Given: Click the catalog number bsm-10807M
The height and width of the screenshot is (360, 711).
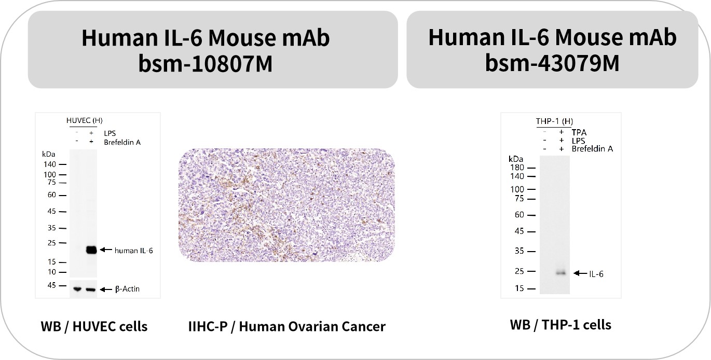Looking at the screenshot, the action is click(x=206, y=63).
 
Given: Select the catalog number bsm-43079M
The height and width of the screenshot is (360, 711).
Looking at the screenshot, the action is click(x=552, y=63).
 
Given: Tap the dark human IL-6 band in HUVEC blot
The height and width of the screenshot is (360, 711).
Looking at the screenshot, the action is click(x=91, y=250).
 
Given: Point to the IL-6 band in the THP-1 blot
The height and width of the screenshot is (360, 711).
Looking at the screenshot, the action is click(x=561, y=273).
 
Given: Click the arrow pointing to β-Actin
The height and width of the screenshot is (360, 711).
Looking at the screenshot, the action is click(x=106, y=289).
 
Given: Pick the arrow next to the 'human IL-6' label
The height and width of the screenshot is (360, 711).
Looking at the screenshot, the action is click(x=106, y=250).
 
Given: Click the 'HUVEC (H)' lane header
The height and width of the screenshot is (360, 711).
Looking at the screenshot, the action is click(x=85, y=120).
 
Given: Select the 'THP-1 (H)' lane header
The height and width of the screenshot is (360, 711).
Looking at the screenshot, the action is click(x=554, y=121).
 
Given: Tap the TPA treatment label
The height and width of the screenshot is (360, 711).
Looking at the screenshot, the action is click(x=579, y=132).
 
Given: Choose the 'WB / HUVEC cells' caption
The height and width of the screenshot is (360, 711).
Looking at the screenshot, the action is click(x=94, y=326).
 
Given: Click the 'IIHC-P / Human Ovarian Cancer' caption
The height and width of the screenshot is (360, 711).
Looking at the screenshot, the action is click(x=287, y=326).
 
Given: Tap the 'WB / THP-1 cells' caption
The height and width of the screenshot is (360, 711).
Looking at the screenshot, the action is click(x=560, y=325).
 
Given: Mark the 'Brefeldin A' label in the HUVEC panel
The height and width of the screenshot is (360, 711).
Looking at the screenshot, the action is click(x=122, y=143).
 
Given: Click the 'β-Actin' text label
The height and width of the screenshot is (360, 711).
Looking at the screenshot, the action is click(x=127, y=289).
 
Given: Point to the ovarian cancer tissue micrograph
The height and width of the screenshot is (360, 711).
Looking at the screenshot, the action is click(x=286, y=205).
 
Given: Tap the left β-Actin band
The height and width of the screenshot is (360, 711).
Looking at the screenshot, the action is click(x=77, y=289).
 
